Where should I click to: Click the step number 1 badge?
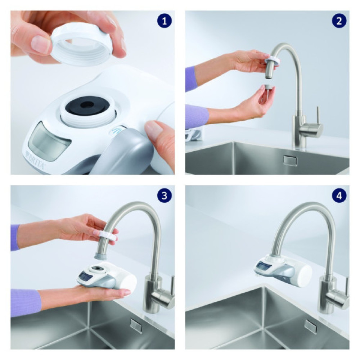(x=164, y=21)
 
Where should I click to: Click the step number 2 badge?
(x=339, y=21)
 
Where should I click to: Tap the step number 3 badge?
(x=164, y=196)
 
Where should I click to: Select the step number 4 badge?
(x=339, y=196)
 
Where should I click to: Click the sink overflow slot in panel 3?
(x=136, y=325)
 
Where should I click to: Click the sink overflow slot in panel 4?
(x=310, y=326)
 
